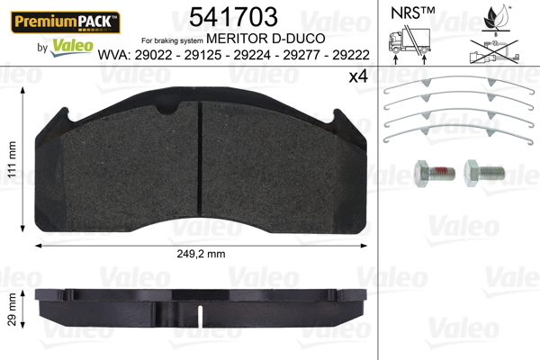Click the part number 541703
click(x=233, y=16)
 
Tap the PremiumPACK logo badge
click(x=66, y=22)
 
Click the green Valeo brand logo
click(x=72, y=48)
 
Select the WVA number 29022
click(x=153, y=55)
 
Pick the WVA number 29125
click(x=202, y=55)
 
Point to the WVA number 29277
click(x=301, y=55)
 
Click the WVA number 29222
click(x=351, y=55)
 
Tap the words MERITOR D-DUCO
click(x=265, y=38)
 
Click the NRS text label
click(x=412, y=13)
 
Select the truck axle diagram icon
click(x=409, y=45)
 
